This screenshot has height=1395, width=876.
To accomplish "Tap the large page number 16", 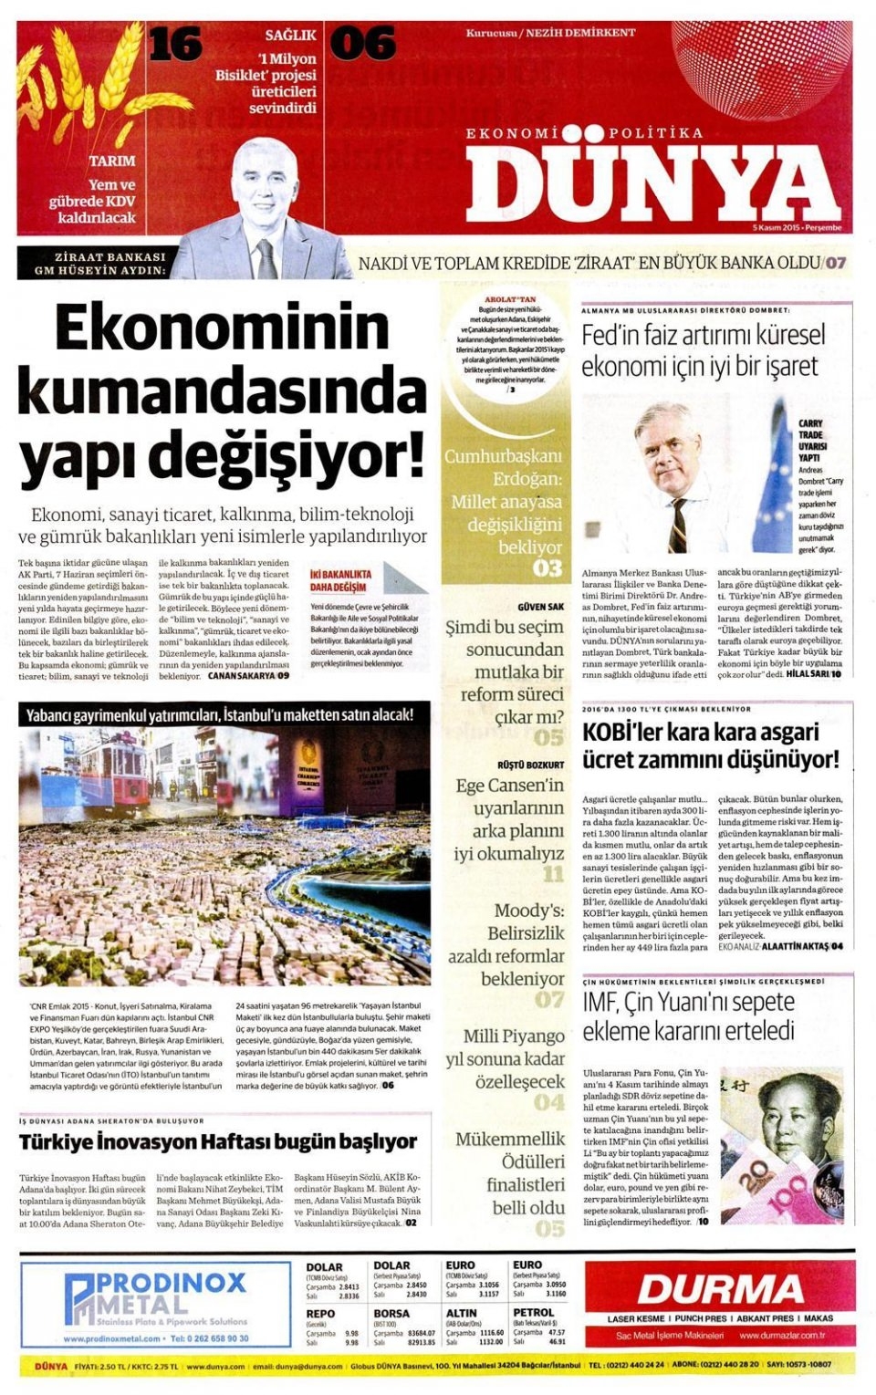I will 175,44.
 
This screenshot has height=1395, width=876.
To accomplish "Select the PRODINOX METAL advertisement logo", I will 155,1296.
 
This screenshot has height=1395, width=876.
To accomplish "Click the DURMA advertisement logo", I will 720,1289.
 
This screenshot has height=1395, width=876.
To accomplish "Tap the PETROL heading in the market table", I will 533,1313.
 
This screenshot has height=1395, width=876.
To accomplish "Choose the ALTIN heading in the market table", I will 462,1313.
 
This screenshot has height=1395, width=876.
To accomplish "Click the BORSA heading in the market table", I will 391,1313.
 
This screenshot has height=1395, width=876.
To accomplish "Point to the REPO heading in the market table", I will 320,1313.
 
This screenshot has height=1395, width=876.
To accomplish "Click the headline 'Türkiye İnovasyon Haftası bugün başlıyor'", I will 218,1141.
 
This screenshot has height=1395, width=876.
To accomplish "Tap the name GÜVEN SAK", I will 540,607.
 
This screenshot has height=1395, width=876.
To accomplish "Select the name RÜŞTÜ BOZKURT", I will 530,765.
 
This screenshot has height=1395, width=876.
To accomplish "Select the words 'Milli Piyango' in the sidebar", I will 514,1036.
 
